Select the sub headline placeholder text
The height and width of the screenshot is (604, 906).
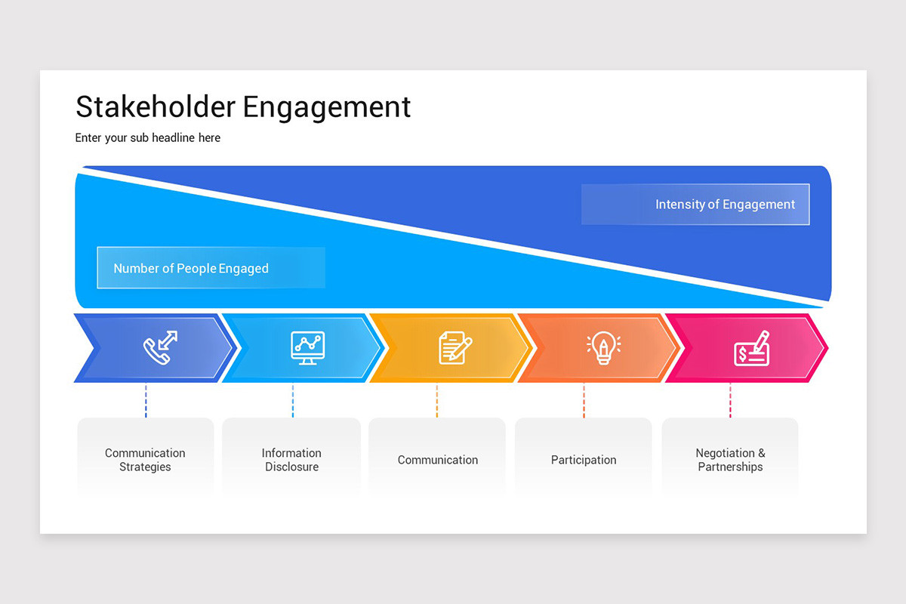coord(148,138)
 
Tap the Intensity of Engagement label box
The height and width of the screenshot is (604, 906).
coord(695,205)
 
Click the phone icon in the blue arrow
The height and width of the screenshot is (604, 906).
coord(160,348)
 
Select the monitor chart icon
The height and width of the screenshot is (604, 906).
coord(307,348)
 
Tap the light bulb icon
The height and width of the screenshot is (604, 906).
coord(603,348)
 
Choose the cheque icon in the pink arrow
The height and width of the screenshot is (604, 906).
coord(751,348)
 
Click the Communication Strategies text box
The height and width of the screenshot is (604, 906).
coord(145,459)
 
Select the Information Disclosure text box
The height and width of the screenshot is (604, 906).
coord(291,459)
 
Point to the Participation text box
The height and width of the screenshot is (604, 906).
coord(584,459)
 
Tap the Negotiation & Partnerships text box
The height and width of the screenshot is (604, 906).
coord(730,459)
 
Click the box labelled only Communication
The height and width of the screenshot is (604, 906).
coord(437,459)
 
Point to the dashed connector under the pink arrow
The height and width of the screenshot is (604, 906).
coord(730,401)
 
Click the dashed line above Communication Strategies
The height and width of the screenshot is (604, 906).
coord(146,401)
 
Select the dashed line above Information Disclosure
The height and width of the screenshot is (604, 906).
coord(292,401)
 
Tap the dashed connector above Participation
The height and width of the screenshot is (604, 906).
coord(584,401)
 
